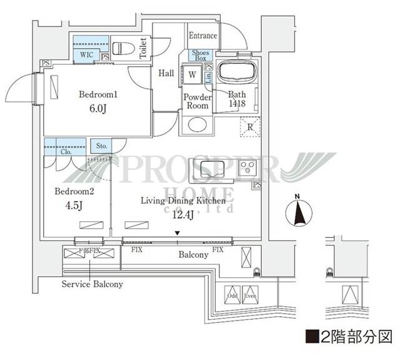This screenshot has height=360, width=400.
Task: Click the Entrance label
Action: click(x=203, y=36)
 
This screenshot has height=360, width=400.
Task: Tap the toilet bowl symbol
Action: click(x=121, y=48)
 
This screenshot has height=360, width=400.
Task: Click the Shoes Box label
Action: click(x=201, y=56)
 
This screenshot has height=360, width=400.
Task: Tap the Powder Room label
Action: click(x=196, y=101)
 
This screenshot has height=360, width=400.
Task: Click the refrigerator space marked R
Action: click(x=250, y=127)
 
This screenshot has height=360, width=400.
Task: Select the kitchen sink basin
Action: click(x=207, y=167)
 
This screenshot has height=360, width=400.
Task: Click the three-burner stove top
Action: click(x=248, y=167)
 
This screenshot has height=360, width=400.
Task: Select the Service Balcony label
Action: click(x=92, y=284)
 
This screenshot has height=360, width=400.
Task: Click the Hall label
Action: click(x=166, y=73)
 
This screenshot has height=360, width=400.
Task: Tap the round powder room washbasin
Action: click(x=196, y=124)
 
